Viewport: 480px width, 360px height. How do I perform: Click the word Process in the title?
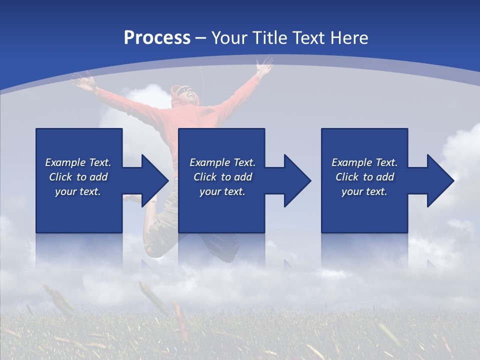(x=157, y=38)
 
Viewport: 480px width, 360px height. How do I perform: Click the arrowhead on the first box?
(x=155, y=180)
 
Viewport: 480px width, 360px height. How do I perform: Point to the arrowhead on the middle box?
(x=297, y=180)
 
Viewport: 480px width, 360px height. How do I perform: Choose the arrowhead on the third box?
(x=440, y=180)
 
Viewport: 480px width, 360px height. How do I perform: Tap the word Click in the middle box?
(x=204, y=177)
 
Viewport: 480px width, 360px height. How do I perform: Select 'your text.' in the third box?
(x=364, y=191)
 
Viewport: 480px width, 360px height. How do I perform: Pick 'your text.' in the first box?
(x=78, y=191)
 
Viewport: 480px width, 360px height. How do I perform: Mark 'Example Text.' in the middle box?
(x=222, y=162)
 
